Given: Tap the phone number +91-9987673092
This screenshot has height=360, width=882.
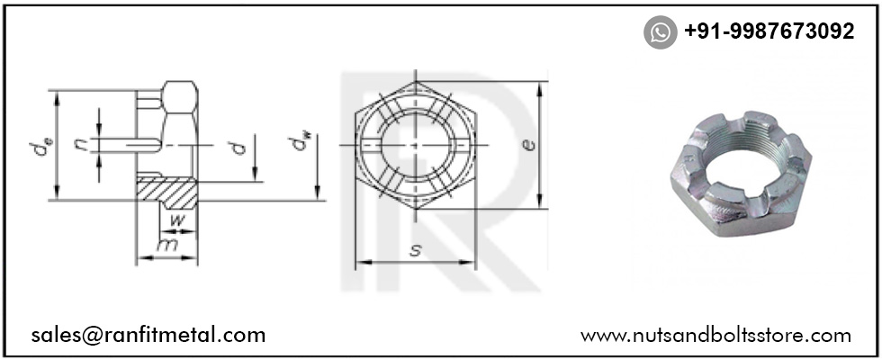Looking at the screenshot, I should coord(769,32).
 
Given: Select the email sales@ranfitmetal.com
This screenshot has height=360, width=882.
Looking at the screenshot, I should coord(148,336).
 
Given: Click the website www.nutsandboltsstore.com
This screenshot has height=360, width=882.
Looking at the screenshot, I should coord(715,336).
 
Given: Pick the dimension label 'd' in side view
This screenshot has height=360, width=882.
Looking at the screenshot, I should coord(238,147).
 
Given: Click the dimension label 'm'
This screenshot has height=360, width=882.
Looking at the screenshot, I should coord(166,246).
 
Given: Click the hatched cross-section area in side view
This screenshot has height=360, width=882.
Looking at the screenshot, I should coord(166,190).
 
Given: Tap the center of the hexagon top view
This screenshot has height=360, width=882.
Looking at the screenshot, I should coord(415,146).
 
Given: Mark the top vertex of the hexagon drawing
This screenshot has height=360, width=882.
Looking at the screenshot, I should coord(415,80).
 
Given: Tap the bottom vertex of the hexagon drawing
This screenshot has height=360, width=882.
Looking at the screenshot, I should coord(415,211).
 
